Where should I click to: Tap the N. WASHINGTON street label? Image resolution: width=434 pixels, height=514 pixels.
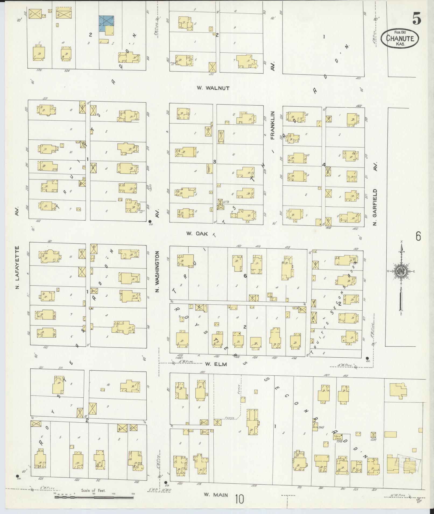click(x=158, y=272)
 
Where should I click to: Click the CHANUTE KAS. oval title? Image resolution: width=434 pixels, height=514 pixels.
click(x=400, y=39)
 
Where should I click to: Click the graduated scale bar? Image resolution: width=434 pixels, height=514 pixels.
click(x=94, y=497)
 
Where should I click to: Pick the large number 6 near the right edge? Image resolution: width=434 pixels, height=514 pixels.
click(x=418, y=236)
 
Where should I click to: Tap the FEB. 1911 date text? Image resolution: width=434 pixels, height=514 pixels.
click(x=400, y=31)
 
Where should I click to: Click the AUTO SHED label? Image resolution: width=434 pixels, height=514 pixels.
click(x=338, y=437)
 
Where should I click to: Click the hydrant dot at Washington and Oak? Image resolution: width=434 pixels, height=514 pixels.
click(x=150, y=221)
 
